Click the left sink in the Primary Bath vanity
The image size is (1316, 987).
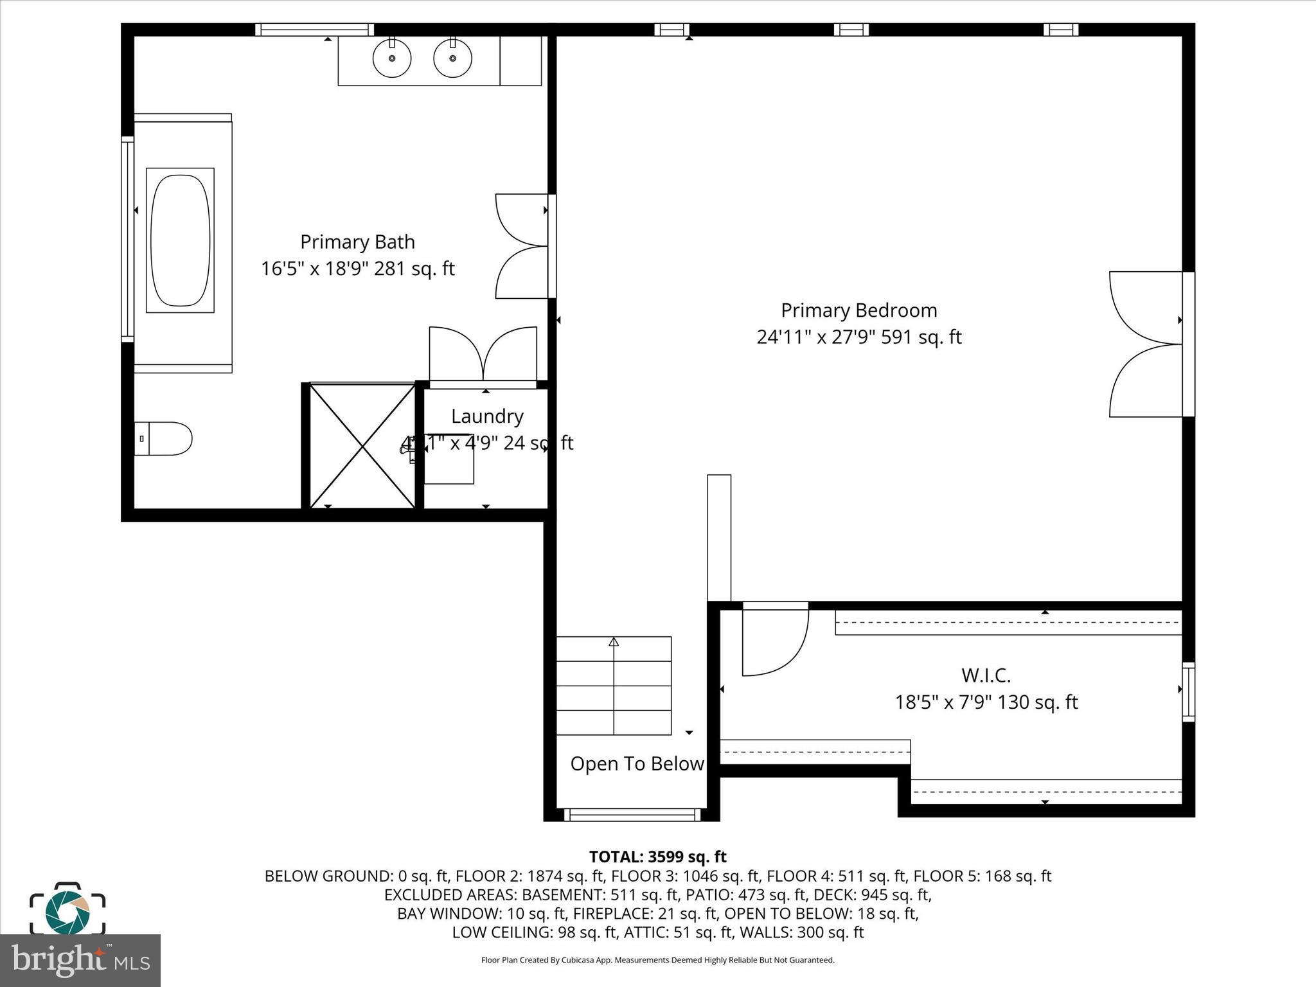(x=392, y=58)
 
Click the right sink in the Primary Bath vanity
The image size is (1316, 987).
(x=452, y=58)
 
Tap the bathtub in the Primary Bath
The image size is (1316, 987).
(x=180, y=240)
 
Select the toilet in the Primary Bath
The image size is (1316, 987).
(x=163, y=439)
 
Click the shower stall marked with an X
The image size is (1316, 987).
(x=362, y=446)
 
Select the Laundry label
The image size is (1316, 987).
(x=487, y=416)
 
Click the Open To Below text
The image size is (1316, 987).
(x=637, y=764)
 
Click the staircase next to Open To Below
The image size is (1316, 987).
(x=614, y=686)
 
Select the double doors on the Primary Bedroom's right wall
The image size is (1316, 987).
(x=1147, y=344)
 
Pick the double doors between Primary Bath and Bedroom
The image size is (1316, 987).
(x=522, y=246)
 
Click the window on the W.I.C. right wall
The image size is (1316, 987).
(x=1188, y=691)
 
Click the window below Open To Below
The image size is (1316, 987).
(x=632, y=815)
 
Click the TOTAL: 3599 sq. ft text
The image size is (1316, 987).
(x=657, y=857)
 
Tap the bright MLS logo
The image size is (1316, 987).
(x=80, y=960)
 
